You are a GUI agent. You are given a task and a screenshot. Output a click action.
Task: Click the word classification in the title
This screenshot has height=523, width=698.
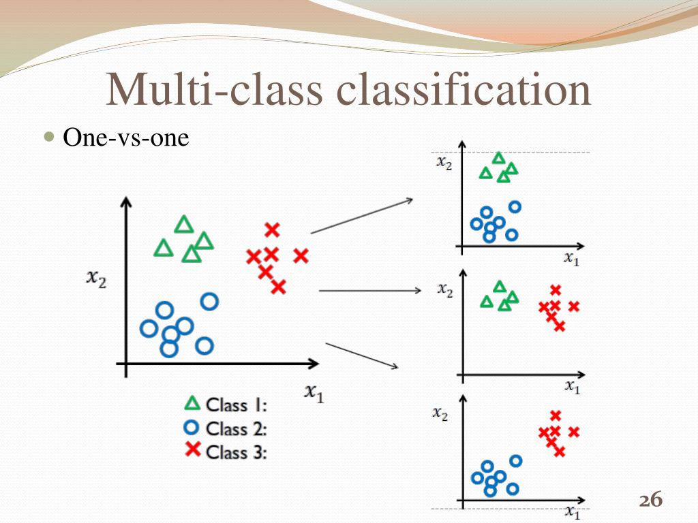coord(464,91)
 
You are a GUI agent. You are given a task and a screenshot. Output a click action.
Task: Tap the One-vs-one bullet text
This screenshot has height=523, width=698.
coord(125,138)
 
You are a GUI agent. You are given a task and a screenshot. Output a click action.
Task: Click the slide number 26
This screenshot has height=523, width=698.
coord(650,501)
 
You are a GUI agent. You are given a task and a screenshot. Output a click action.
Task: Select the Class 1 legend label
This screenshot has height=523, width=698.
coord(236,405)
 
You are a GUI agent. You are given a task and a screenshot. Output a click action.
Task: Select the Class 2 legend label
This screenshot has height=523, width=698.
coord(236,429)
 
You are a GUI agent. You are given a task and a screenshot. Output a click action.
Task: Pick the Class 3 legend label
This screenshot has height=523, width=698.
coord(236,452)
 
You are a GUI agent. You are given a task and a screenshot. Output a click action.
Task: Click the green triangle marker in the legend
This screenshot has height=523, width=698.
coord(193,403)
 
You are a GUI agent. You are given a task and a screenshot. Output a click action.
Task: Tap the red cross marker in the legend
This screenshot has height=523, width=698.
coord(193,449)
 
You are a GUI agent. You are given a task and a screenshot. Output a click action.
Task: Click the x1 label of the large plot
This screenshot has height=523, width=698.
coord(314,393)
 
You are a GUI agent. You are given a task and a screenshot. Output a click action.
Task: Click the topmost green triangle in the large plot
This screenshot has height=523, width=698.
coord(183,225)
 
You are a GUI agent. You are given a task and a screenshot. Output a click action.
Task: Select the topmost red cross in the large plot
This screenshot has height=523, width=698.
coord(272,230)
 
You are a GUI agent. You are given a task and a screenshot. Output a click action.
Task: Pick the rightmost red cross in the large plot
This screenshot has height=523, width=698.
coord(301,256)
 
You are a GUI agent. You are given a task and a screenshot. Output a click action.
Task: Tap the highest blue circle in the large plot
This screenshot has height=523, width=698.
coord(209,300)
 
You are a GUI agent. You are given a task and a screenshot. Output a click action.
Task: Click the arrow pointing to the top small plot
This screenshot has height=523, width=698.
coord(361,216)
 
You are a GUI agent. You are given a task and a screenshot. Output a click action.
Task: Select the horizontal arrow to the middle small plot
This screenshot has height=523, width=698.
coord(370,291)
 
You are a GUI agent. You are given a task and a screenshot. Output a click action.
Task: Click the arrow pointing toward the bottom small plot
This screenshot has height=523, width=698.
coord(362,356)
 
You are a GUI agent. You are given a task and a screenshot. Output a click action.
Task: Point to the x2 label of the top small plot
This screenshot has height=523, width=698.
coord(444,163)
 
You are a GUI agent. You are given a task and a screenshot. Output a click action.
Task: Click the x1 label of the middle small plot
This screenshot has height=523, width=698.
coord(572,387)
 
